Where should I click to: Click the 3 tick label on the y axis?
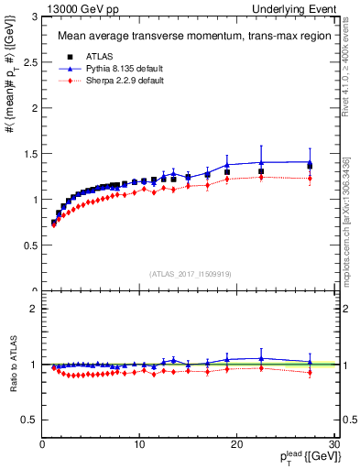click(34, 16)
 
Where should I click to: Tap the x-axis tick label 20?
click(236, 444)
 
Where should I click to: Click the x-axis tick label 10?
click(139, 444)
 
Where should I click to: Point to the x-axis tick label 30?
click(333, 444)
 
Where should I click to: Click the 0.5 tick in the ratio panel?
click(29, 420)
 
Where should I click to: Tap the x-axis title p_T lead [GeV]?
click(304, 457)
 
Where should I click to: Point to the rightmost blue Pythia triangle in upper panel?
click(310, 162)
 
